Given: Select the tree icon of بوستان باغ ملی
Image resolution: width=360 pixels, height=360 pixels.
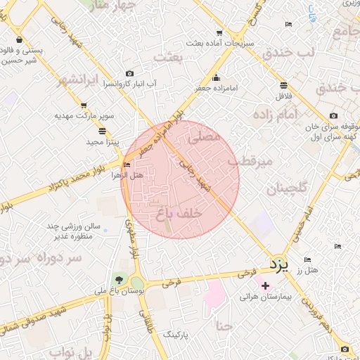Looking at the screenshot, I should tap(121, 281).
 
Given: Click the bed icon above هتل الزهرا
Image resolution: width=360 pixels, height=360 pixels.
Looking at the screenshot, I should tap(127, 165).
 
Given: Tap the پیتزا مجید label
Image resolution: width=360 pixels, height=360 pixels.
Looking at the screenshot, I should tap(104, 141).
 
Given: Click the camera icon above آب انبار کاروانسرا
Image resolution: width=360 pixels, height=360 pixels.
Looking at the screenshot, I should tap(129, 74).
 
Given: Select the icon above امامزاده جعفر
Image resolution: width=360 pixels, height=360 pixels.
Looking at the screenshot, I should tap(215, 78).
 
